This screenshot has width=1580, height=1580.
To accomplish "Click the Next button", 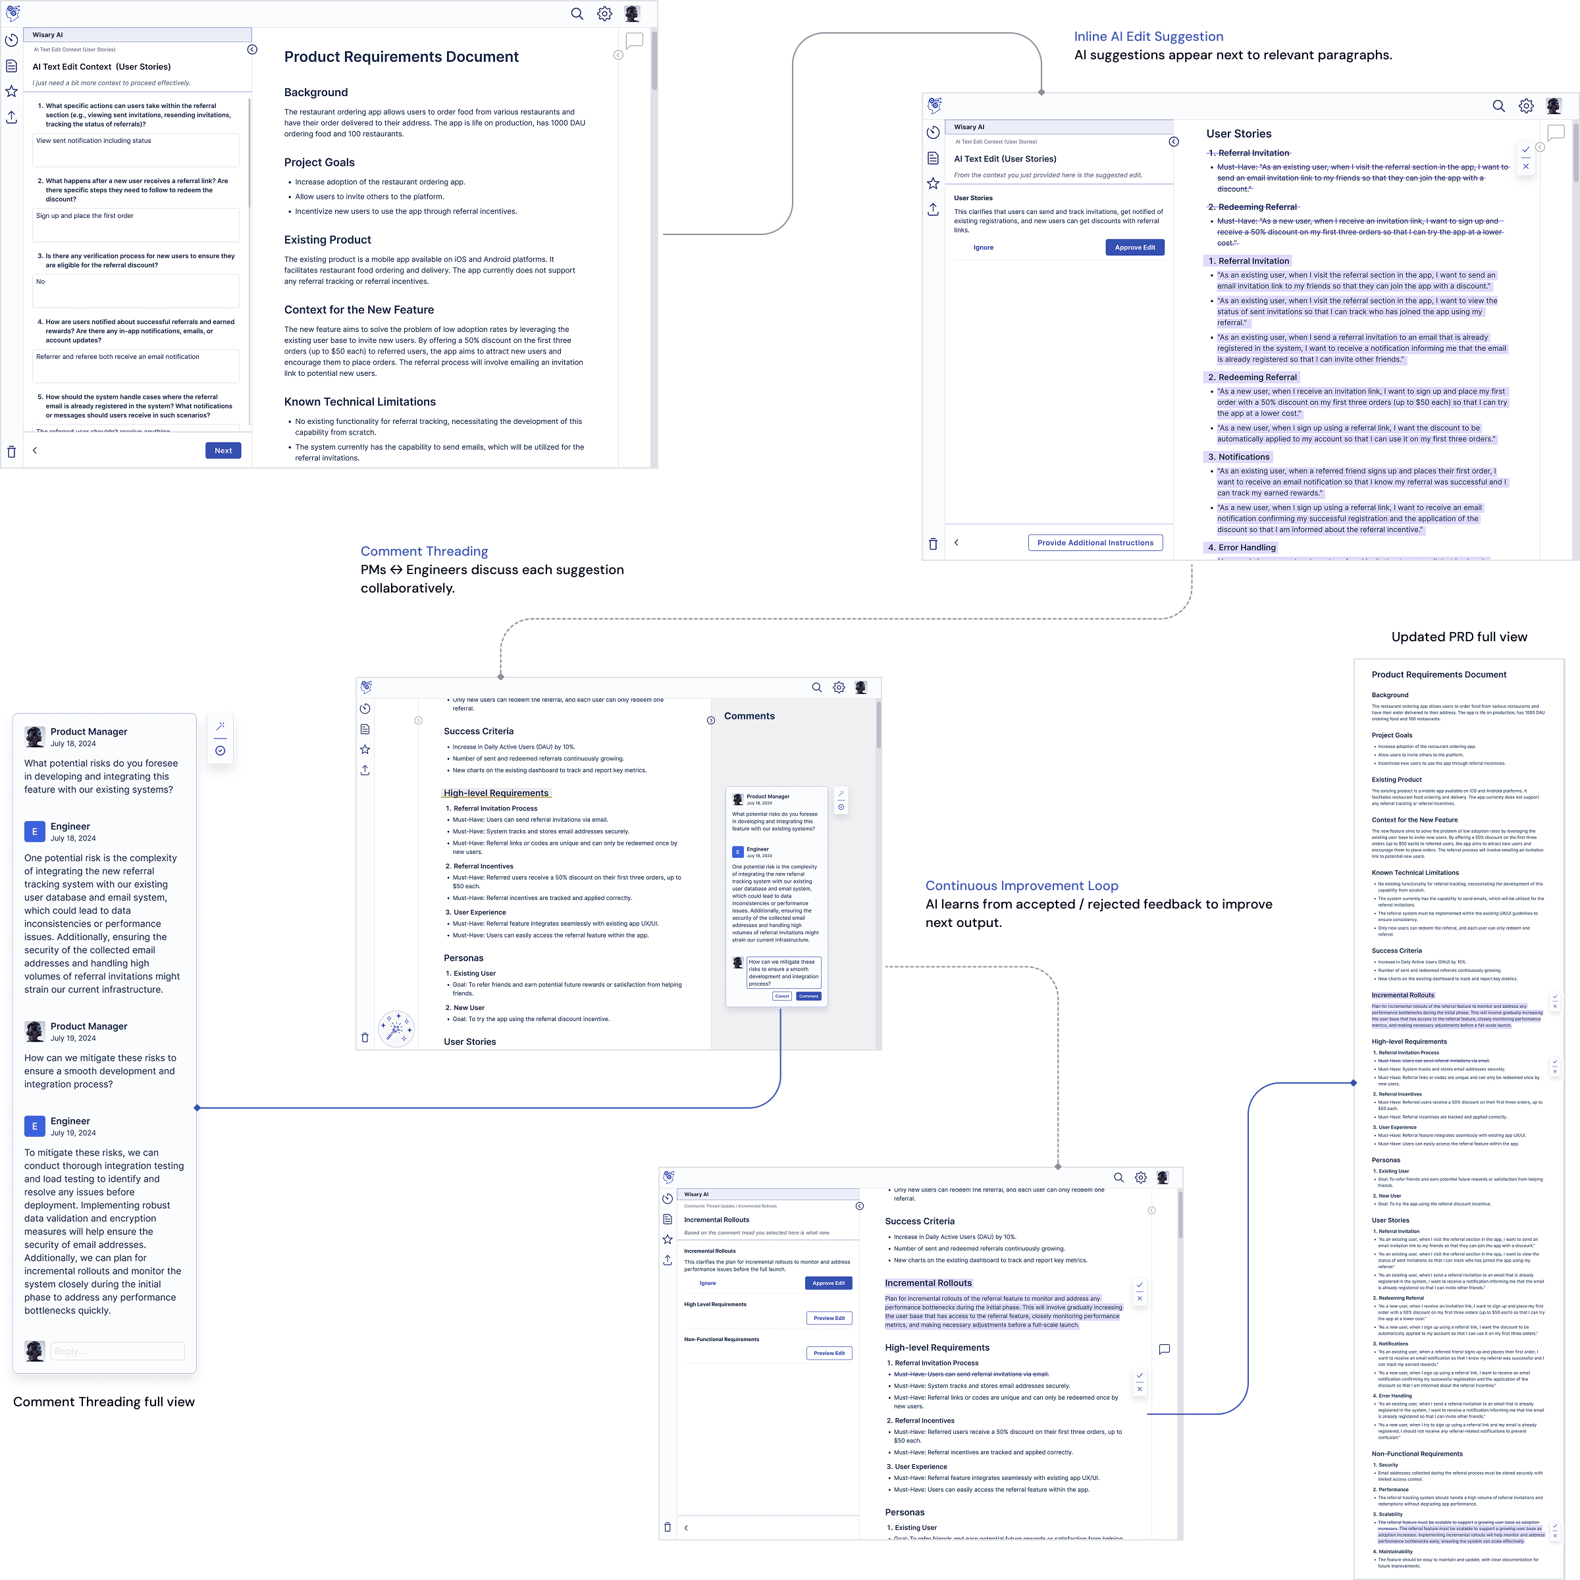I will coord(223,450).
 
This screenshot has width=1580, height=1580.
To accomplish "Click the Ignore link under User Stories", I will coord(983,248).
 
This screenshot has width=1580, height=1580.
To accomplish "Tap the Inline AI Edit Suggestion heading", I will coord(1148,37).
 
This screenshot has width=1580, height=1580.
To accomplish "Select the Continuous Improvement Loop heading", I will coord(1022,885).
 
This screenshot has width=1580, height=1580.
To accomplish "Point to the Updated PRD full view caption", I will coord(1459,637).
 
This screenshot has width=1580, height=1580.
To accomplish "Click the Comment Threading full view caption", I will coord(104,1402).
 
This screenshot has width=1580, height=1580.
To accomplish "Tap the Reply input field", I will coord(117,1351).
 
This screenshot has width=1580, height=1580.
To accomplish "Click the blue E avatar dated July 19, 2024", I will coord(34,1126).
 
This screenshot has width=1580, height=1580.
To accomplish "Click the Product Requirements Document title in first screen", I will coord(401,57).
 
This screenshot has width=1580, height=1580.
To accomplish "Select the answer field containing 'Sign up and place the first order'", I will coord(136,225).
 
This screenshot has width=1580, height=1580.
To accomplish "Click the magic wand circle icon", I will coord(396,1028).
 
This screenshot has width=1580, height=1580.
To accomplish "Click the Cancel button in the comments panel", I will coord(782,996).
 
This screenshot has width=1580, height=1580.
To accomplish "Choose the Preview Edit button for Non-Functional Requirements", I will coord(829,1354).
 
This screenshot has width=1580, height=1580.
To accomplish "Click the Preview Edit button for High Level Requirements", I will coord(829,1318).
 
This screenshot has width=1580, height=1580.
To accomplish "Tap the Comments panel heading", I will coord(749,716).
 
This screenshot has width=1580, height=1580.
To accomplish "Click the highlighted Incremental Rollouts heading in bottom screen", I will coord(928,1283).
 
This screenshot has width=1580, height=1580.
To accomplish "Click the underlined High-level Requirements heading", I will coord(496,793).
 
